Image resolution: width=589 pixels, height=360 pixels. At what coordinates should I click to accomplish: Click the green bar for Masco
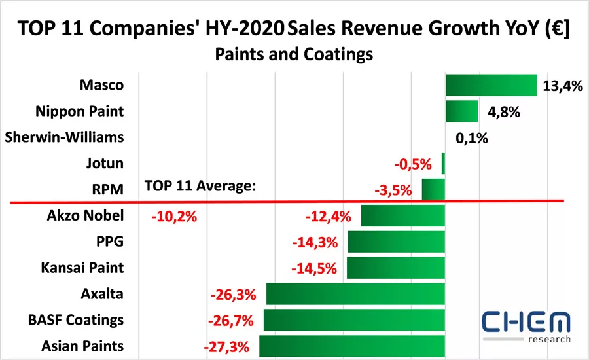[x=491, y=85]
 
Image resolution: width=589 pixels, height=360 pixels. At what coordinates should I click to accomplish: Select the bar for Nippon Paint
[x=462, y=111]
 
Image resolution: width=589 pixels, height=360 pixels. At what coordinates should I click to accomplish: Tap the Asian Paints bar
[x=352, y=346]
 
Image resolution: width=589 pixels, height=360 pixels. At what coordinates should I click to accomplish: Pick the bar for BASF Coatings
[x=354, y=320]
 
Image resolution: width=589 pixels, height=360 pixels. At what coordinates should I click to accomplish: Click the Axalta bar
[x=355, y=294]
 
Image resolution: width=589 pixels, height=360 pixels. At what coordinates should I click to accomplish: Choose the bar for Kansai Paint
[x=395, y=268]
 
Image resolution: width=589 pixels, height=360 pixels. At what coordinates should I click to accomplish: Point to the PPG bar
[x=396, y=242]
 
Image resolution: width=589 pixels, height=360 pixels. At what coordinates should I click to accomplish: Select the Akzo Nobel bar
[x=402, y=215]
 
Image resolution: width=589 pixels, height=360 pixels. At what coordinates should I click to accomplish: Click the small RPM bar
[x=433, y=189]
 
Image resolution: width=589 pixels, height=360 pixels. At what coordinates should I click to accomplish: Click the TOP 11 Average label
[x=200, y=187]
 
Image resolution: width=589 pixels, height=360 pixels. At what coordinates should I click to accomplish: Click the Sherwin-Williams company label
[x=63, y=137]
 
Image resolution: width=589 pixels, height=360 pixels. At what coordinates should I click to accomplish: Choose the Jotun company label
[x=104, y=163]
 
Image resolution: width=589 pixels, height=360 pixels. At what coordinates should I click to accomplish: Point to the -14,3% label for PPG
[x=315, y=242]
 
